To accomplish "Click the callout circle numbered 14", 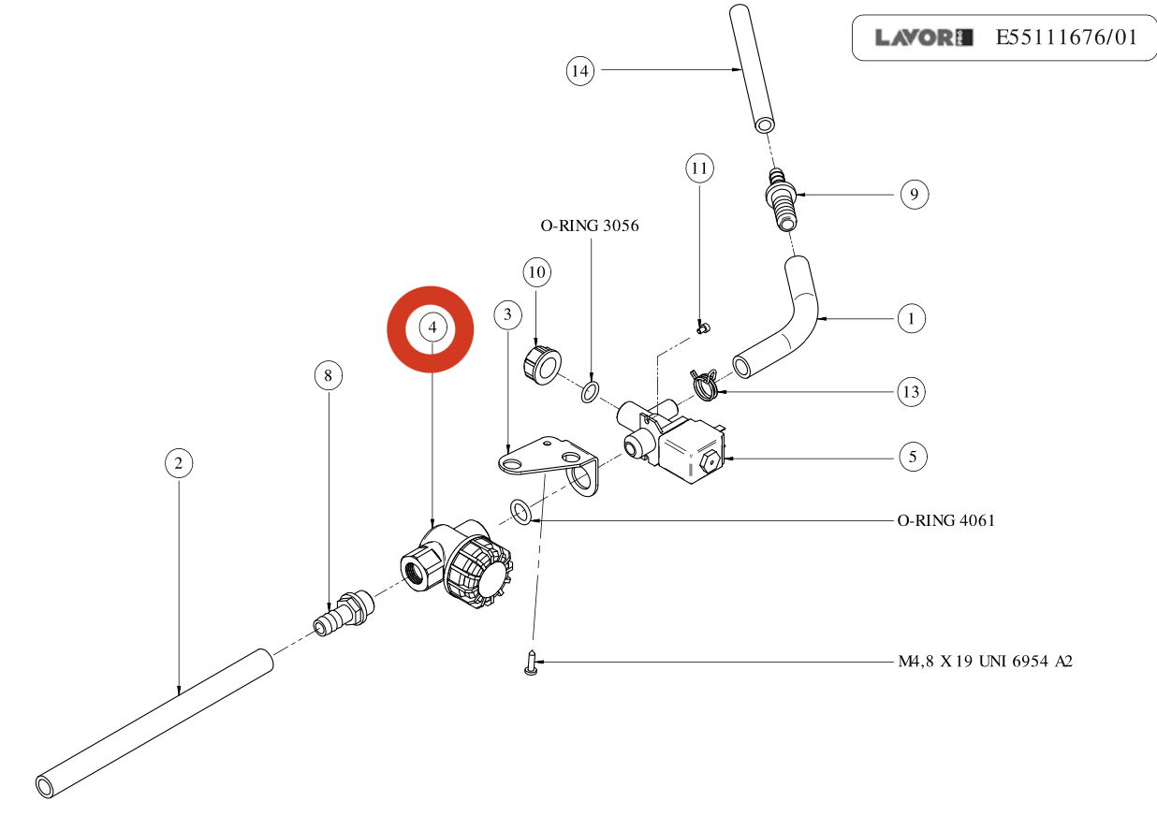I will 580,70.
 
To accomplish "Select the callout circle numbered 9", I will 914,195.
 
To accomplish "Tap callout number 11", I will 699,168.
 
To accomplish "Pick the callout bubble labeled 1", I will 911,318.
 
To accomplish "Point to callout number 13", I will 911,391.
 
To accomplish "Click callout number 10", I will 536,273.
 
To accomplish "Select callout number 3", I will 507,314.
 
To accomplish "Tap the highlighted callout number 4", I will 432,328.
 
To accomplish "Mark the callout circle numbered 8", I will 328,376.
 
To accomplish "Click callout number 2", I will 179,462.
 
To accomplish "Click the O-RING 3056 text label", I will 590,226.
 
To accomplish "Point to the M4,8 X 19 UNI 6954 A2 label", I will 979,662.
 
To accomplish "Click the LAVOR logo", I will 923,38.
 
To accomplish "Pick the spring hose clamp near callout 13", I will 703,382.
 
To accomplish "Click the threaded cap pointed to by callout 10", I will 539,364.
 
